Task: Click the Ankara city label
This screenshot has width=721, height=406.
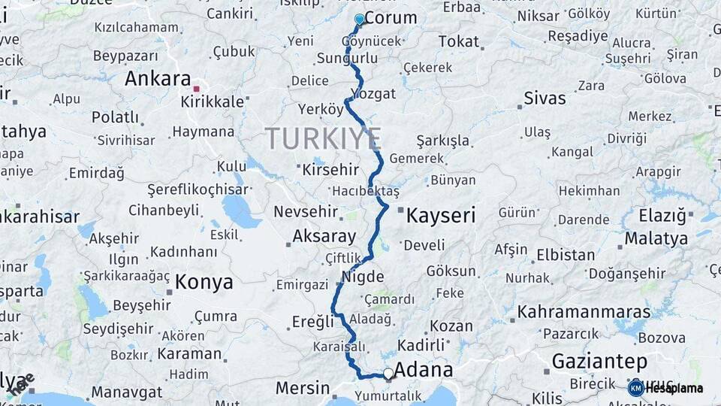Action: click(x=158, y=79)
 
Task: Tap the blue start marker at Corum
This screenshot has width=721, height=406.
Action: click(x=360, y=20)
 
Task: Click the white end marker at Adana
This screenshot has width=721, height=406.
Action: click(x=388, y=373)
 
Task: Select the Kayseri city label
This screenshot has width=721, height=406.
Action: click(x=441, y=217)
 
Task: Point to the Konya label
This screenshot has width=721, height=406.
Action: click(x=204, y=282)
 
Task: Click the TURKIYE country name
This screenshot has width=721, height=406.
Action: click(x=323, y=139)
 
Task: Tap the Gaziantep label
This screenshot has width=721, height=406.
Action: click(x=599, y=361)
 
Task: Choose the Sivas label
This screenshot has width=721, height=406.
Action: click(x=545, y=98)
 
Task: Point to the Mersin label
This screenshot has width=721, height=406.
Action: click(x=303, y=388)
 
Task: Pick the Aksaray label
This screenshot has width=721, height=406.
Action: click(x=324, y=236)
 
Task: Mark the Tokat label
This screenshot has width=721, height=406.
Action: click(x=458, y=41)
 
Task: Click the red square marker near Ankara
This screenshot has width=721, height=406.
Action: click(x=197, y=89)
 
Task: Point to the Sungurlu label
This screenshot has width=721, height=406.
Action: click(x=347, y=58)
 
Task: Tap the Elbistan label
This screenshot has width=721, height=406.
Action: click(x=566, y=254)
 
